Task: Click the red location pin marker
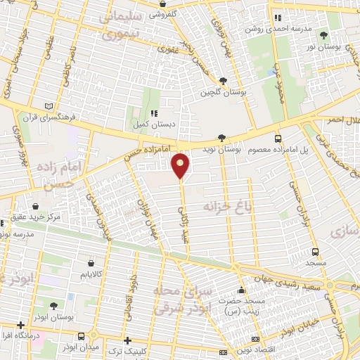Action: coord(181,165)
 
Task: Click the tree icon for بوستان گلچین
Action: coord(223,81)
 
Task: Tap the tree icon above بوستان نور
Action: coord(323,34)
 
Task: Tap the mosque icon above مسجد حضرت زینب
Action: coord(241,290)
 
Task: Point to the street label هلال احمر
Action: coord(340,120)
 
